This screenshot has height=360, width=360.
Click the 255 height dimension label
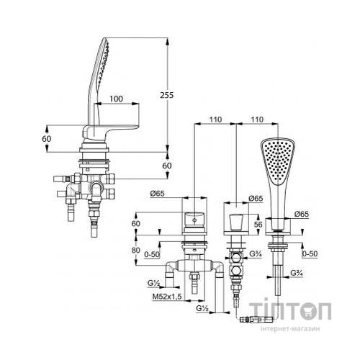(x=166, y=95)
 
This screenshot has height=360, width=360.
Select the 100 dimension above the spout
(x=116, y=99)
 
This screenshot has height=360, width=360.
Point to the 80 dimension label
(x=136, y=250)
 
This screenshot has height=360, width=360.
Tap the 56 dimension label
(x=258, y=225)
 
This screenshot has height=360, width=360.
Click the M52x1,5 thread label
(x=167, y=297)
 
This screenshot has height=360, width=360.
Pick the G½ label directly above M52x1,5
(x=154, y=283)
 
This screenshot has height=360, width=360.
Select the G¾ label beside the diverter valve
(x=256, y=253)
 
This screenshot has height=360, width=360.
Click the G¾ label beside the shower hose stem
(x=297, y=273)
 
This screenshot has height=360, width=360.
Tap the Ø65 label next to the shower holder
(x=302, y=214)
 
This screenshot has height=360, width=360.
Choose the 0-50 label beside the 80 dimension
(x=152, y=254)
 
